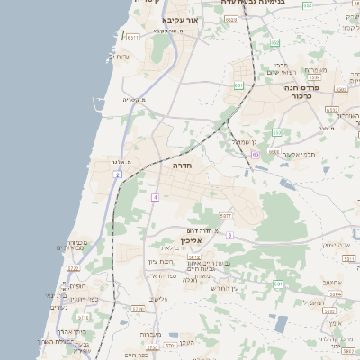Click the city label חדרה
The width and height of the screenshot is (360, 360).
pos(185,166)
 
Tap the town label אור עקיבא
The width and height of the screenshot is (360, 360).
pos(180,19)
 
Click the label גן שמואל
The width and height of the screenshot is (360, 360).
pos(245,141)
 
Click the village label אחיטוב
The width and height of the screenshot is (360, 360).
pos(332,281)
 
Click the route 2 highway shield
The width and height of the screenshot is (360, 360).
pos(118,174)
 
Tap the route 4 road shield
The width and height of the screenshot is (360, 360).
pos(156,196)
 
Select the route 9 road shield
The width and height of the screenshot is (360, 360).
pos(229,235)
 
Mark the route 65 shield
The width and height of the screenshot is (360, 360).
pos(255,155)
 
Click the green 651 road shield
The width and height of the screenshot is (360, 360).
pos(238,85)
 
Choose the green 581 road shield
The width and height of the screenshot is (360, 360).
pos(278,283)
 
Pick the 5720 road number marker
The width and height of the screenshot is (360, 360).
pos(138,309)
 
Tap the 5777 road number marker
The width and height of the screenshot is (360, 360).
pos(227,216)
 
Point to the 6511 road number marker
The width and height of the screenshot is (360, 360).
pos(131,38)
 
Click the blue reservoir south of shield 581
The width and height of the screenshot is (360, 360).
pos(282,323)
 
